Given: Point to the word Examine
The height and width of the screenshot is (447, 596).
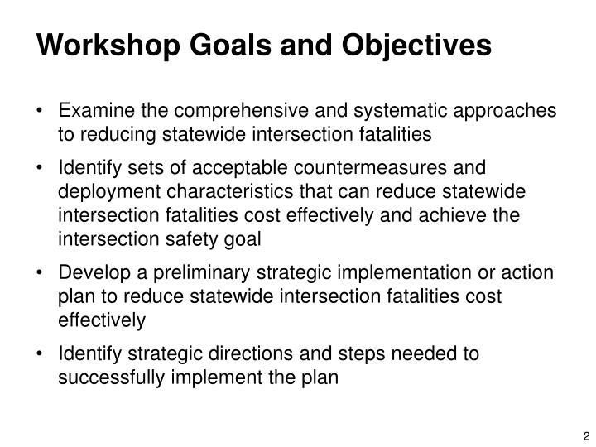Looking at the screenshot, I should pyautogui.click(x=94, y=111).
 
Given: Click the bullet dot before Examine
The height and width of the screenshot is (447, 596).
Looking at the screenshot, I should pyautogui.click(x=42, y=111).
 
